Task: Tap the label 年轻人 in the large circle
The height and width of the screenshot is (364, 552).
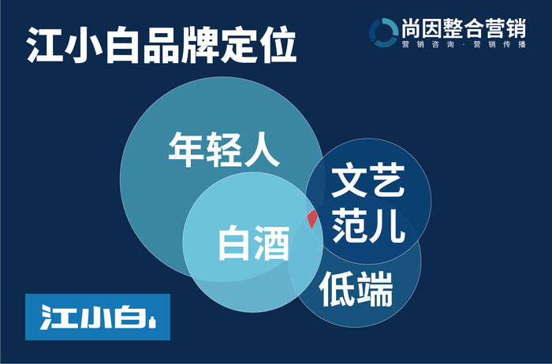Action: coord(224,150)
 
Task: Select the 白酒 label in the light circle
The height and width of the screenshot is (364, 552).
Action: coord(254,243)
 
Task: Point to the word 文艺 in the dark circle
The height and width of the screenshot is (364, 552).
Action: coord(368,180)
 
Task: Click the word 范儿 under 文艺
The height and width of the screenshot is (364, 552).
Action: coord(368,225)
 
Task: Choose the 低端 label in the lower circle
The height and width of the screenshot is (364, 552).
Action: coord(356,289)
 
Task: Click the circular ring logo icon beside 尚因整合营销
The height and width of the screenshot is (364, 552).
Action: coord(384,33)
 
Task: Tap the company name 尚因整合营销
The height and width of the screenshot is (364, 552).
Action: coord(464,28)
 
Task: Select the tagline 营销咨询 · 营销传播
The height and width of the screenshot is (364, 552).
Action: coord(464,44)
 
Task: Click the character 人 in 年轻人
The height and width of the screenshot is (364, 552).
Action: coord(263,150)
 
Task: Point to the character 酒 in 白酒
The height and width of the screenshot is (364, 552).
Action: coord(272,243)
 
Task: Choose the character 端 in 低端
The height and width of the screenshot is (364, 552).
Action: coord(375,289)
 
